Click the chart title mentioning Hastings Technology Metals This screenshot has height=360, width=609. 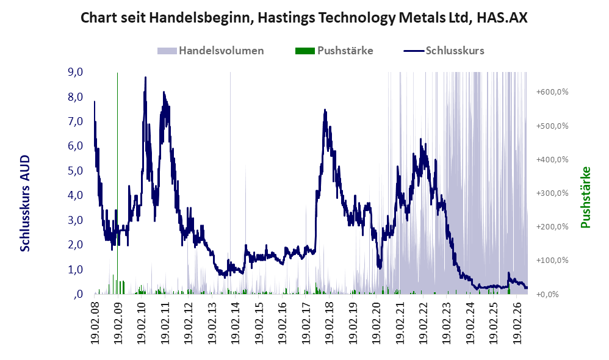[x=304, y=18]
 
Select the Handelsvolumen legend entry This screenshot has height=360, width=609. [x=211, y=51]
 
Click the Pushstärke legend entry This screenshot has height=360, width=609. [x=334, y=51]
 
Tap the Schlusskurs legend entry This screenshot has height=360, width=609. [x=444, y=51]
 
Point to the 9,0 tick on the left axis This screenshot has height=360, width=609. [x=75, y=72]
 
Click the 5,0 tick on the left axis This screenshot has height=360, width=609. [x=75, y=170]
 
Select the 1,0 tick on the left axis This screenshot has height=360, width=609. [x=75, y=269]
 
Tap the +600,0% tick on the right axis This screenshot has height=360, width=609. [x=552, y=92]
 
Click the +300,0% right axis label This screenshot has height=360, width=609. [x=552, y=193]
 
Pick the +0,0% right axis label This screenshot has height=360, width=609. [x=547, y=294]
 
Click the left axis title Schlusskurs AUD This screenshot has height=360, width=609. [x=25, y=203]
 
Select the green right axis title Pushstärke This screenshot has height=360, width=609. [x=585, y=197]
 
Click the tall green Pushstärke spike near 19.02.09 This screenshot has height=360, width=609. [x=117, y=182]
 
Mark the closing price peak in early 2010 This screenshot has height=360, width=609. [x=145, y=77]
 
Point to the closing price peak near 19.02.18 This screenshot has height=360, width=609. [x=325, y=110]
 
